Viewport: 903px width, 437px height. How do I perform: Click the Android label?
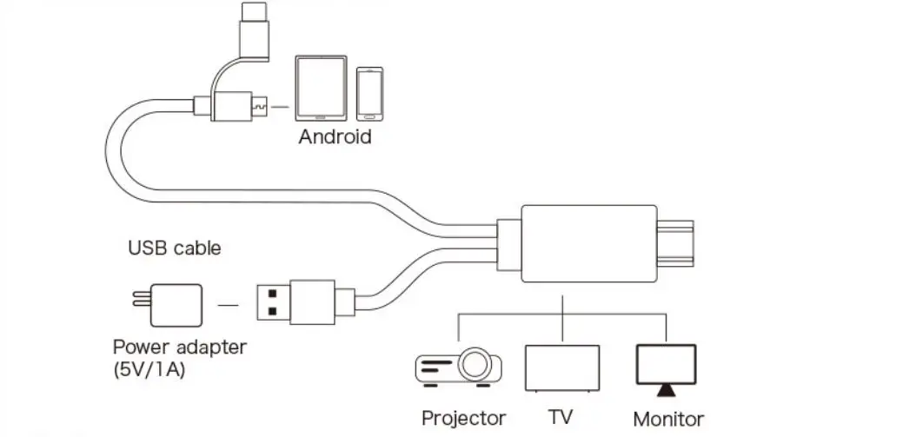(x=335, y=136)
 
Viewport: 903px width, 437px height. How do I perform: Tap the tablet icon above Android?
(x=320, y=89)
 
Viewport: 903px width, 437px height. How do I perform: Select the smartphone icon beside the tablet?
(x=369, y=93)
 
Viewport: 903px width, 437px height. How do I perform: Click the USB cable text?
(x=175, y=248)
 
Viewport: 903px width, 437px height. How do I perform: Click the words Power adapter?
(x=180, y=348)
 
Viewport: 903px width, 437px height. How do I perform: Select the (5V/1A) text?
(x=149, y=368)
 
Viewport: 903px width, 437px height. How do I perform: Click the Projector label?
(x=463, y=418)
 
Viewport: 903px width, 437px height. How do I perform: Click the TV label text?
(x=561, y=417)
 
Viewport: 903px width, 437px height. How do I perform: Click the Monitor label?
(x=668, y=419)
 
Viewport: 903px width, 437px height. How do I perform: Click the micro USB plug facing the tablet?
(x=257, y=108)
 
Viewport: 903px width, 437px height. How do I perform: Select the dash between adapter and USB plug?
(x=227, y=305)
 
